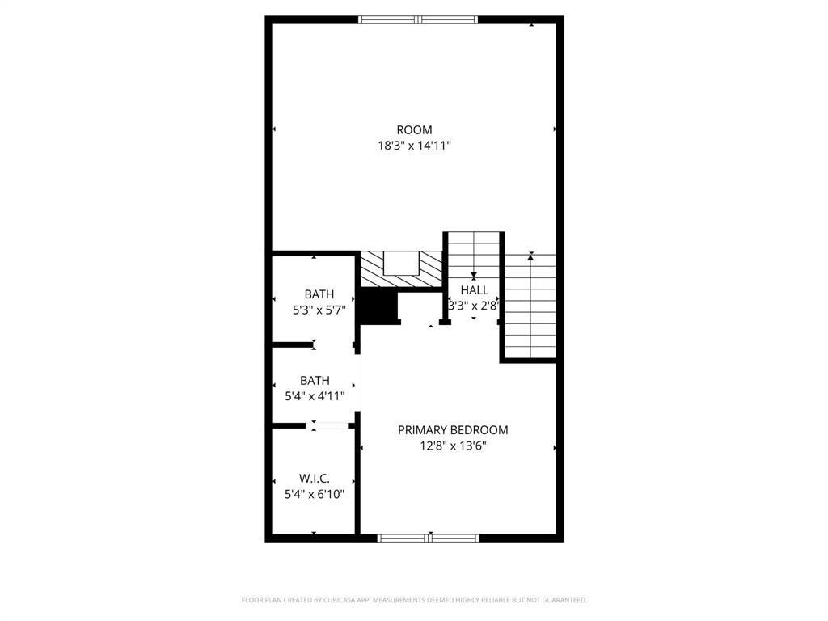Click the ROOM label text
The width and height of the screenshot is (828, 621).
(x=414, y=129)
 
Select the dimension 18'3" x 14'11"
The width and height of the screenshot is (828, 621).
(x=414, y=146)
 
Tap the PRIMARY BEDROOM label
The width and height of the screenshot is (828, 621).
(x=453, y=430)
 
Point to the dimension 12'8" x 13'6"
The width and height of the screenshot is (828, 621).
(x=453, y=446)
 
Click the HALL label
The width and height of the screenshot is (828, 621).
(x=475, y=289)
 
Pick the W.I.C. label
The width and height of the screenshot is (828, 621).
(x=315, y=478)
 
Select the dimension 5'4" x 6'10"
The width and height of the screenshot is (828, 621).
(x=315, y=494)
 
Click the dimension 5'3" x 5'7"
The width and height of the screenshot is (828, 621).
(x=319, y=310)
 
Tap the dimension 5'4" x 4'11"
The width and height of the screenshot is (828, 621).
(x=315, y=396)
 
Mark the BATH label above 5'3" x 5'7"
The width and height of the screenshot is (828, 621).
(x=319, y=294)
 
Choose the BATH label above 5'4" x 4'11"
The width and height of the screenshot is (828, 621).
(x=315, y=380)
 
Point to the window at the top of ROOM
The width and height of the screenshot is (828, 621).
(x=418, y=19)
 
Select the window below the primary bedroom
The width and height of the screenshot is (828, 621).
(x=429, y=537)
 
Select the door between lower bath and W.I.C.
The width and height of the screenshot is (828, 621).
(x=329, y=425)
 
